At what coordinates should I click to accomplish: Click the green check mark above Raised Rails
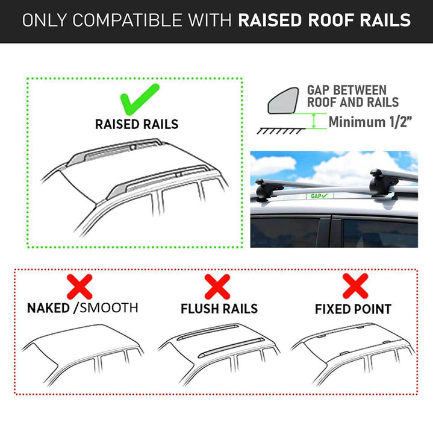coord(139,100)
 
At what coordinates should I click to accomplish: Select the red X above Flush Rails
coord(217,286)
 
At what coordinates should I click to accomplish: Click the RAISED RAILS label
coord(137,125)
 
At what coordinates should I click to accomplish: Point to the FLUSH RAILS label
coord(219,309)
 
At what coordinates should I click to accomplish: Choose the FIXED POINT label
coord(353,309)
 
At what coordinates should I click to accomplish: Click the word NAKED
coord(48,308)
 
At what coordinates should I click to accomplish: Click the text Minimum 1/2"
coord(369,122)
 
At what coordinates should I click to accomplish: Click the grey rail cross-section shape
coord(281,100)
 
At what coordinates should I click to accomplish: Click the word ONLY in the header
coord(44,20)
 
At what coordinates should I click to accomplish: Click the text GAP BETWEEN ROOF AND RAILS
coord(353,96)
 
